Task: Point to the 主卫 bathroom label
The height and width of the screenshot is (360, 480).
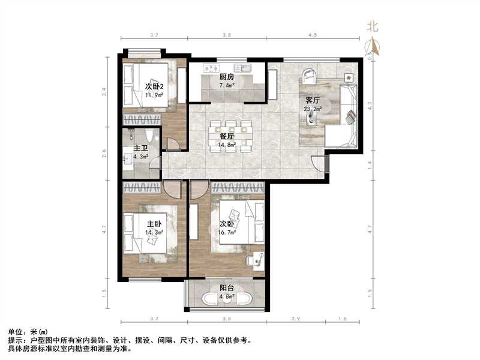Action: pyautogui.click(x=140, y=148)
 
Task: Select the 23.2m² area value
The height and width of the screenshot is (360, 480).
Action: pyautogui.click(x=313, y=109)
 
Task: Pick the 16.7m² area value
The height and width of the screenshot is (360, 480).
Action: pyautogui.click(x=227, y=231)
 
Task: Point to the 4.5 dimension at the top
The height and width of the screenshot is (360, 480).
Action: pyautogui.click(x=313, y=36)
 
